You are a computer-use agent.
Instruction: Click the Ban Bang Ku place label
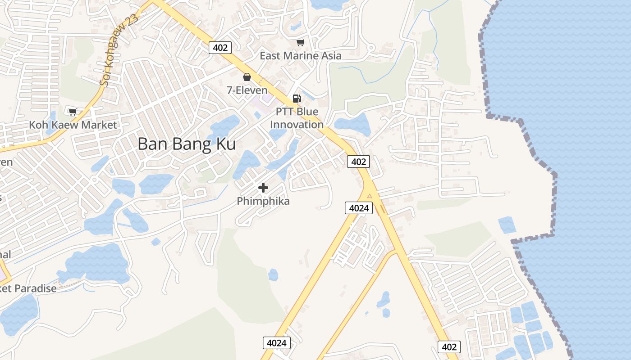click(187, 144)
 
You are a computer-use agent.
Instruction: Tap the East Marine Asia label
click(301, 56)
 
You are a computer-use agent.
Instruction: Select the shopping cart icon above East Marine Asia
click(300, 42)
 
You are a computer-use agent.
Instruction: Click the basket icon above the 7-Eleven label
click(247, 77)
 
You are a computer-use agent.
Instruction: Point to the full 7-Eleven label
click(247, 90)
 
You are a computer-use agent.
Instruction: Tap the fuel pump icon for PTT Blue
click(297, 98)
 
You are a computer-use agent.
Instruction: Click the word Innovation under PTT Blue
click(297, 124)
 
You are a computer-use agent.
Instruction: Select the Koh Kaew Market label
click(73, 125)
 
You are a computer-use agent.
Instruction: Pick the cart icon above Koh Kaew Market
click(73, 111)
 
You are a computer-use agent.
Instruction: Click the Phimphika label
click(263, 201)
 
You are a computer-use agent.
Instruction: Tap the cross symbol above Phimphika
click(263, 188)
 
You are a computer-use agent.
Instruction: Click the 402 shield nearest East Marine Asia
click(220, 47)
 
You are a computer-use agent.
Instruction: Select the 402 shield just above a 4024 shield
click(359, 162)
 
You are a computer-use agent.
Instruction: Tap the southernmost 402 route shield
click(449, 346)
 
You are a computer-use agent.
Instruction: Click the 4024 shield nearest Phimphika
click(359, 207)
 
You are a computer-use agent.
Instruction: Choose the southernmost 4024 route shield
click(276, 343)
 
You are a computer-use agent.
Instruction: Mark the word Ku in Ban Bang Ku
click(226, 144)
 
